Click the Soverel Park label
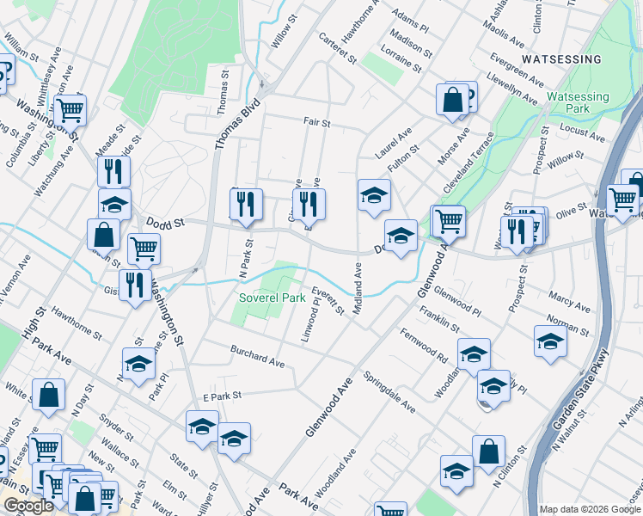pyautogui.click(x=272, y=298)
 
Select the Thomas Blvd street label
pyautogui.click(x=226, y=124)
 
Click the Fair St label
pyautogui.click(x=316, y=123)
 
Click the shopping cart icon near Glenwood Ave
pyautogui.click(x=448, y=220)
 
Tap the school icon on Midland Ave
pyautogui.click(x=374, y=194)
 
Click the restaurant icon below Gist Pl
pyautogui.click(x=132, y=284)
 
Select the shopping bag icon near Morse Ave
pyautogui.click(x=452, y=99)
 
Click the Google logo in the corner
pyautogui.click(x=29, y=506)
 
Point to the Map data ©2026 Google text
pyautogui.click(x=589, y=509)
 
